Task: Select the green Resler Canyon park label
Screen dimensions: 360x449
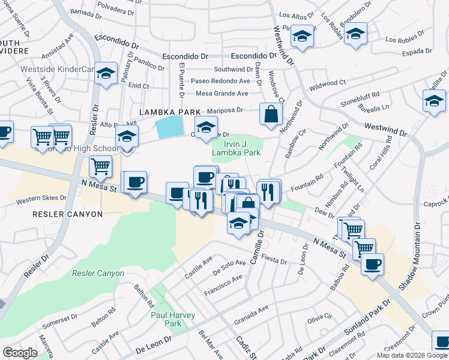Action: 98,274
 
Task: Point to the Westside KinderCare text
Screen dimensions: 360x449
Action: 57,69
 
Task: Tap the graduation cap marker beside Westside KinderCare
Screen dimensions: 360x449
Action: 106,74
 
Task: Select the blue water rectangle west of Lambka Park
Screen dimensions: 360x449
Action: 169,127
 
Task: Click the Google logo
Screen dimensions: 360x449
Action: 20,353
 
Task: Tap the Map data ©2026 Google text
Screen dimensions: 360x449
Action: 412,355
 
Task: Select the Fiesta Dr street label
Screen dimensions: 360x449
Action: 275,262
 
